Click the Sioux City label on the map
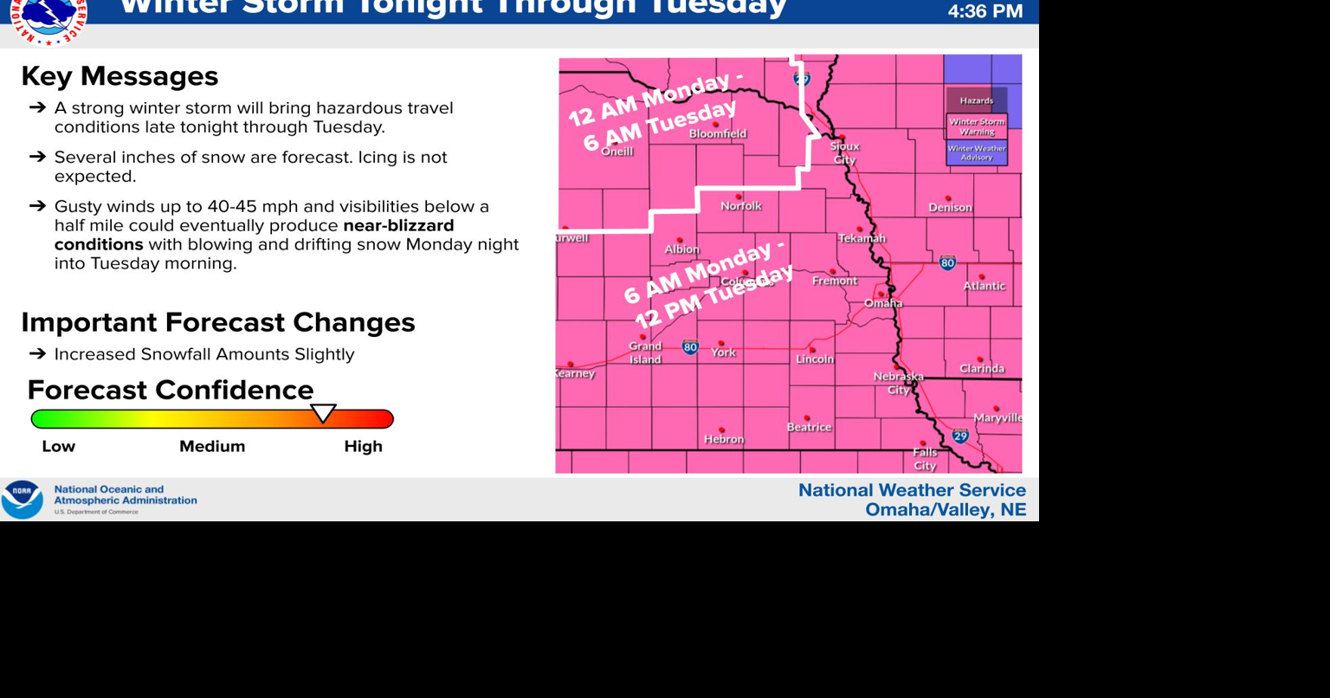[x=844, y=152]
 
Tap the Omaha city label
[x=883, y=303]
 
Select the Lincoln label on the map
[x=815, y=359]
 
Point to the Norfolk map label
[x=741, y=206]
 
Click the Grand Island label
[x=645, y=352]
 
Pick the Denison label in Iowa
[x=950, y=208]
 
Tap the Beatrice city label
[x=809, y=427]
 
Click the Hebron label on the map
[x=723, y=439]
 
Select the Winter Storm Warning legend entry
[x=977, y=126]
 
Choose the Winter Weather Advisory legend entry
[x=977, y=152]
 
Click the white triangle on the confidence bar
[x=323, y=413]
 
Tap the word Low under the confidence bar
[x=59, y=447]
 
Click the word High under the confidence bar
[x=363, y=447]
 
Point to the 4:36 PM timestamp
[x=985, y=12]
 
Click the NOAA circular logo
[x=22, y=500]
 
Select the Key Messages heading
[x=119, y=76]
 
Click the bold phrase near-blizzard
[x=398, y=226]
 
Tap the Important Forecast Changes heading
[x=218, y=322]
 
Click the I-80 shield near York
[x=690, y=347]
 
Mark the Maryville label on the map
[x=997, y=418]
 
